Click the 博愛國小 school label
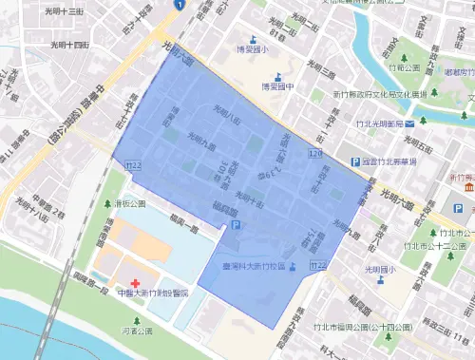(x=252, y=49)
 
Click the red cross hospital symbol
(x=135, y=284)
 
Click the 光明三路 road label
(x=326, y=72)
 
